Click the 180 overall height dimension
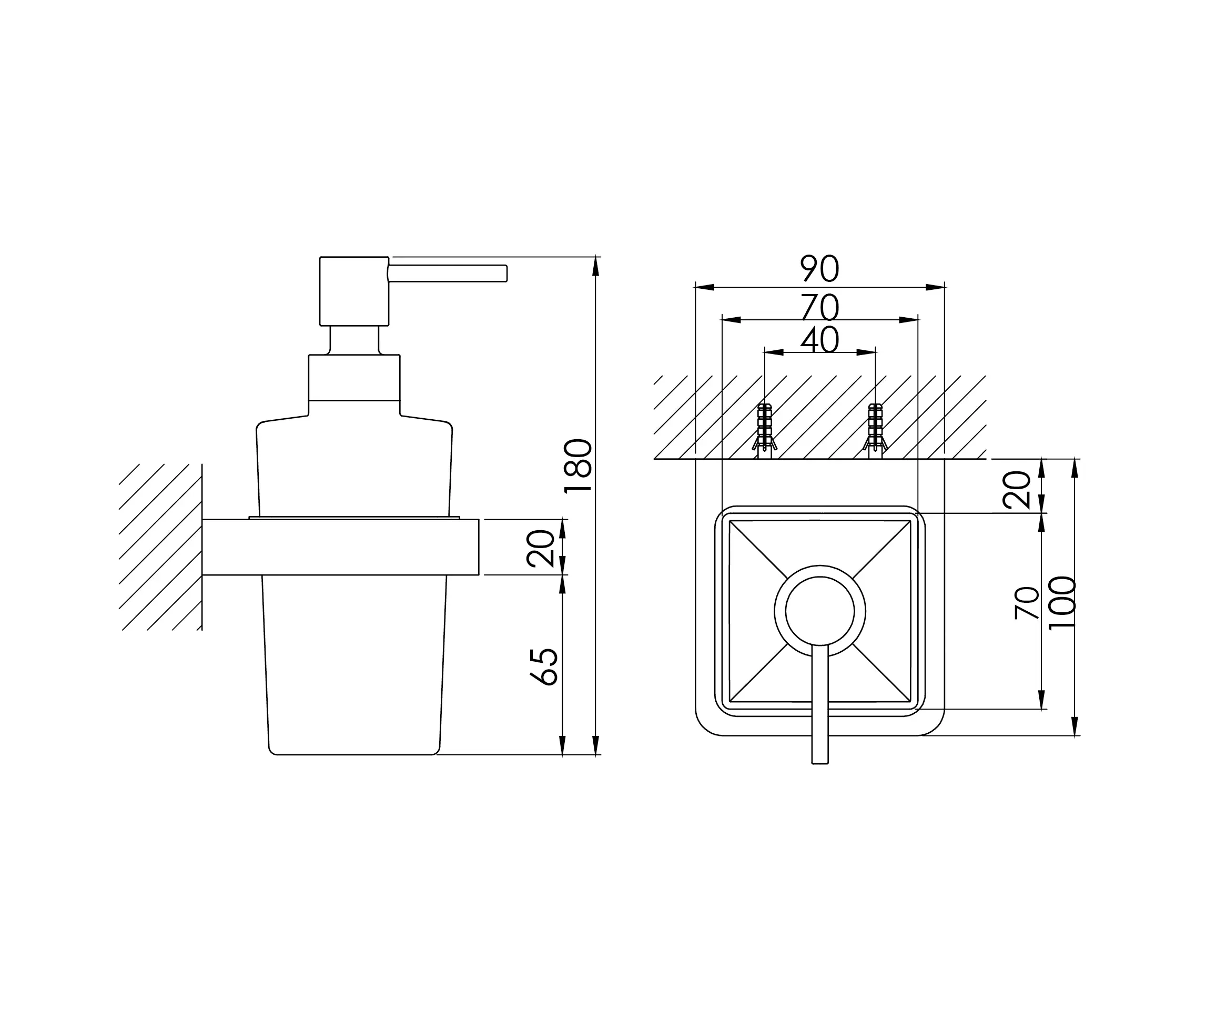pos(579,466)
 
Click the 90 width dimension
pos(819,269)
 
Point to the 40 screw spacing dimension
pos(819,340)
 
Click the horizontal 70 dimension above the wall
pos(819,307)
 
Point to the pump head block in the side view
pos(354,291)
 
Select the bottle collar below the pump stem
pos(354,377)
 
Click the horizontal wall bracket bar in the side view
pos(340,547)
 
